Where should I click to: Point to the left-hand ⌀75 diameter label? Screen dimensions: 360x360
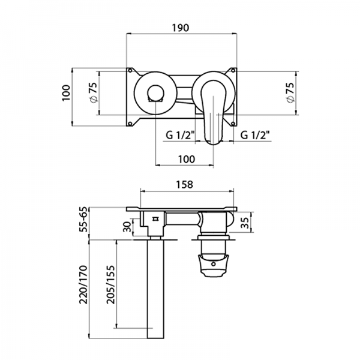point(92,92)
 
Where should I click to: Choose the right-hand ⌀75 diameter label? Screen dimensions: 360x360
point(290,92)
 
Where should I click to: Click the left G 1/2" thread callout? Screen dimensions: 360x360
point(179,136)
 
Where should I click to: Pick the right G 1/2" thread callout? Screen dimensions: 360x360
point(254,136)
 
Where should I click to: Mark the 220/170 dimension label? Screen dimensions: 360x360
point(83,285)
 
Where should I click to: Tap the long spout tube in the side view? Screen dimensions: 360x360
point(157,288)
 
